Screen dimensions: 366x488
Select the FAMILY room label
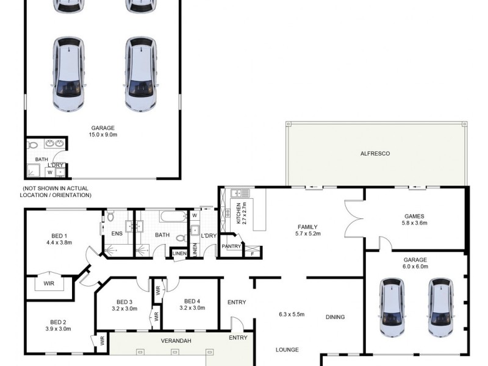306,228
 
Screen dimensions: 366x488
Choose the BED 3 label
124,301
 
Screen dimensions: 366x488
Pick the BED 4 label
192,301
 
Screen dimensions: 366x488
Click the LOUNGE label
287,350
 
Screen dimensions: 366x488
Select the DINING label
335,317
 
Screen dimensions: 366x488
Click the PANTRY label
232,246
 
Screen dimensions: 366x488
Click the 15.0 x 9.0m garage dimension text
103,135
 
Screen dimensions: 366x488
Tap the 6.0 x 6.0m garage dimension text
415,267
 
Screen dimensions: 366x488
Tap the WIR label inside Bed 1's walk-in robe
49,284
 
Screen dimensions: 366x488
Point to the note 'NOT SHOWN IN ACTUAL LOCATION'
57,192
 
